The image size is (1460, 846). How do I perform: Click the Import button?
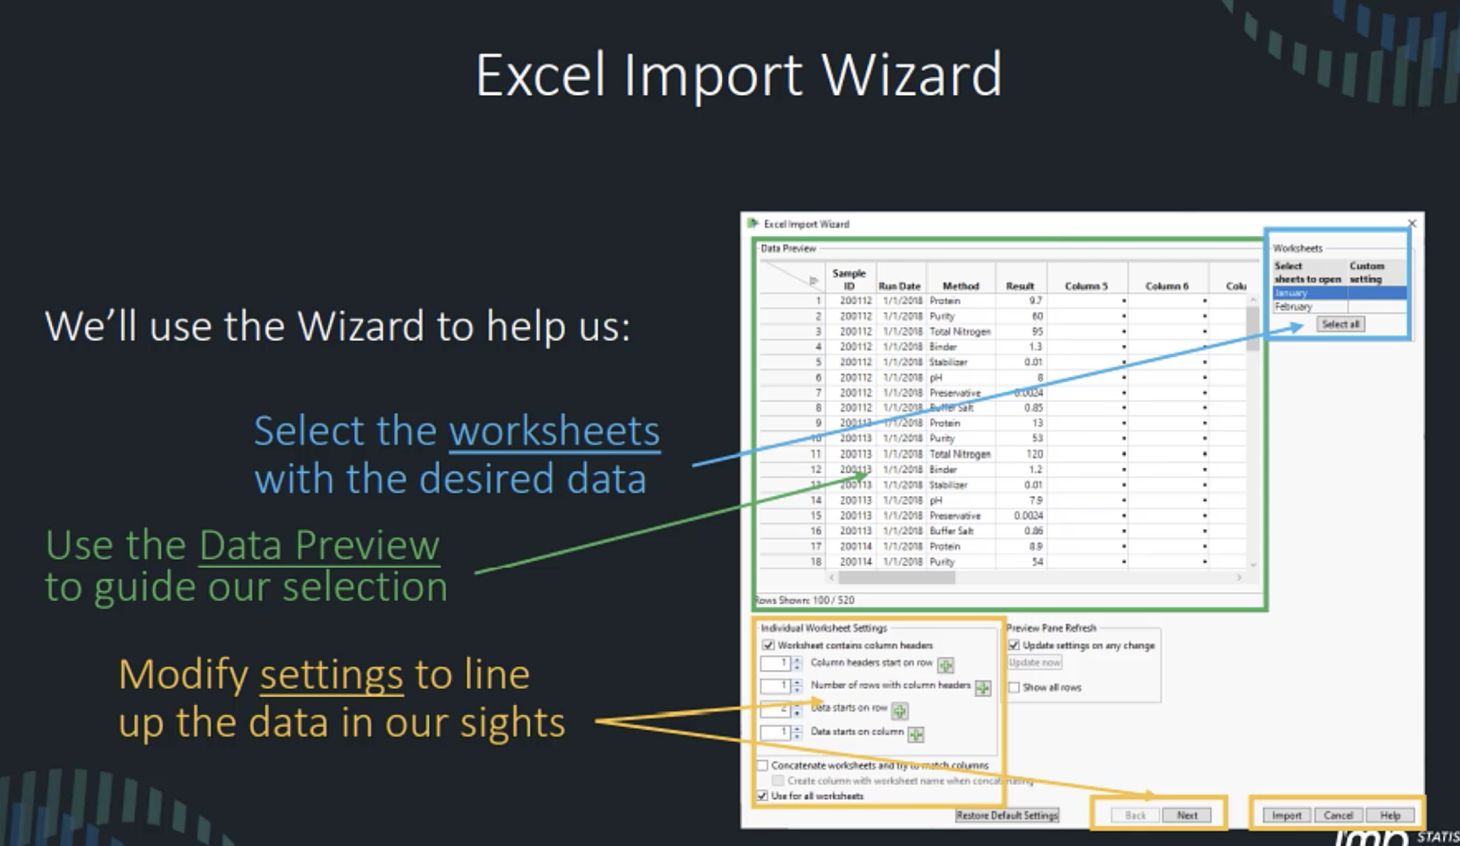(x=1286, y=816)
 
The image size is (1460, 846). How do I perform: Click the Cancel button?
(x=1338, y=816)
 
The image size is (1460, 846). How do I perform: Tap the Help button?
(x=1390, y=816)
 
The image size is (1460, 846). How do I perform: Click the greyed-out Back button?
(x=1135, y=816)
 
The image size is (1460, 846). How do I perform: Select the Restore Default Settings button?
(x=1007, y=816)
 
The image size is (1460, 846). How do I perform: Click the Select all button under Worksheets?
(x=1340, y=324)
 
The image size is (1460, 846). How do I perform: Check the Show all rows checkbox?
(x=1014, y=688)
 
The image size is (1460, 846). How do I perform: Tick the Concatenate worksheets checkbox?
(x=763, y=766)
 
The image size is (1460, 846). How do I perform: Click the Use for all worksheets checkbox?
(x=763, y=796)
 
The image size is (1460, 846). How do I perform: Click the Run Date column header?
(x=899, y=286)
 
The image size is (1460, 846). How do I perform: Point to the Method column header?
(x=960, y=286)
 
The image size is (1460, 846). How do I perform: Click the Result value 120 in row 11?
(x=1034, y=454)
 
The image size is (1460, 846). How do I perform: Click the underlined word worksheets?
(x=554, y=431)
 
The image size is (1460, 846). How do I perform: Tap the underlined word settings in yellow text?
(x=331, y=675)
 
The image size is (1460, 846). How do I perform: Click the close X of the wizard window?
(x=1412, y=224)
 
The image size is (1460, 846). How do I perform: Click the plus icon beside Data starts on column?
(x=916, y=734)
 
